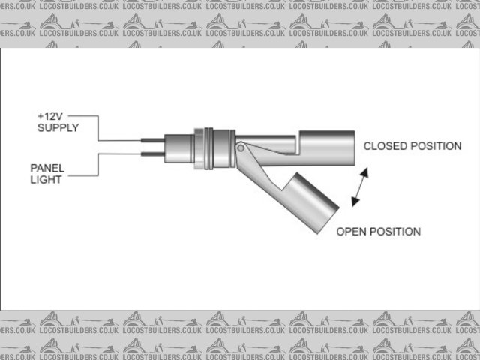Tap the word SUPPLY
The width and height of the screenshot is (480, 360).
pos(57,128)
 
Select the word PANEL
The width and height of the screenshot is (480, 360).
pos(46,168)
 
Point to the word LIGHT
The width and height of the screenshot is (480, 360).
pos(45,179)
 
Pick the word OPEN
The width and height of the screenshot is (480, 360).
pos(351,231)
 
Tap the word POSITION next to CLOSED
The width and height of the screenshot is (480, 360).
pos(438,146)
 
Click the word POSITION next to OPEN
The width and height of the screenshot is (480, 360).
pos(394,231)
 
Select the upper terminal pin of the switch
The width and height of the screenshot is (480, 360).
pos(150,139)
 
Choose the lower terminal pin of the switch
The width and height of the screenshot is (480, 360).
pos(150,155)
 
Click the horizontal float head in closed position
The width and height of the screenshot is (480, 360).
pos(327,148)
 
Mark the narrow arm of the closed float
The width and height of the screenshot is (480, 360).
pos(270,142)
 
